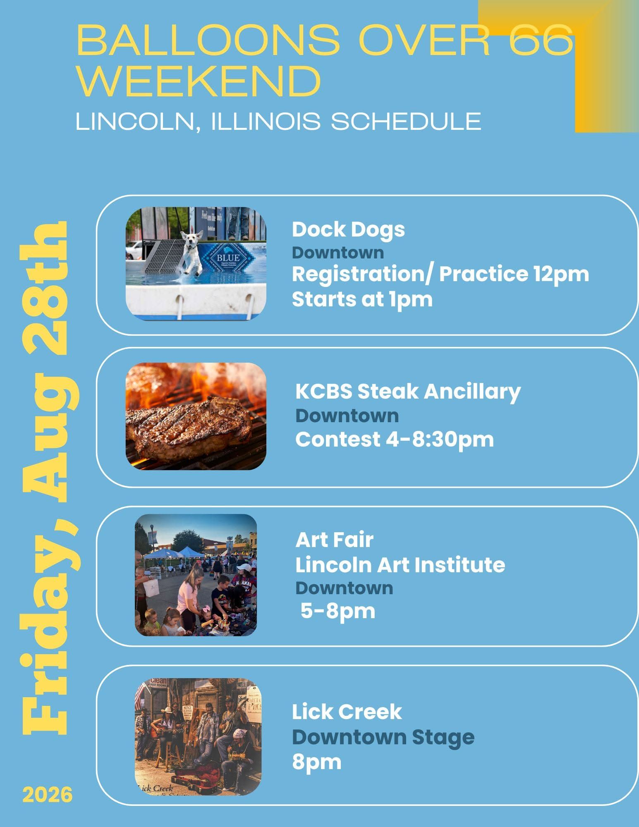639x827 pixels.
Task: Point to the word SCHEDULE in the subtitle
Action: pyautogui.click(x=406, y=122)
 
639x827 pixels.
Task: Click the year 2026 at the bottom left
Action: pyautogui.click(x=48, y=795)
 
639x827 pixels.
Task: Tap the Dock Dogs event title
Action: pyautogui.click(x=348, y=230)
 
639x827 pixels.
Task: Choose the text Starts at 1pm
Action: pyautogui.click(x=362, y=299)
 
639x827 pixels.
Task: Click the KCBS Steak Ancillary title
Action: pyautogui.click(x=408, y=392)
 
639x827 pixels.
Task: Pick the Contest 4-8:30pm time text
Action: pyautogui.click(x=395, y=439)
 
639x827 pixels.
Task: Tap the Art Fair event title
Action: pyautogui.click(x=334, y=540)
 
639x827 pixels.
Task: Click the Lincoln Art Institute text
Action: pyautogui.click(x=400, y=565)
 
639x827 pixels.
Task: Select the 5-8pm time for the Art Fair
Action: pyautogui.click(x=338, y=611)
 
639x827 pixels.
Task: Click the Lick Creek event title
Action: pyautogui.click(x=347, y=712)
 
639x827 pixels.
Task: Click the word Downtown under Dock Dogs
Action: pyautogui.click(x=338, y=253)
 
